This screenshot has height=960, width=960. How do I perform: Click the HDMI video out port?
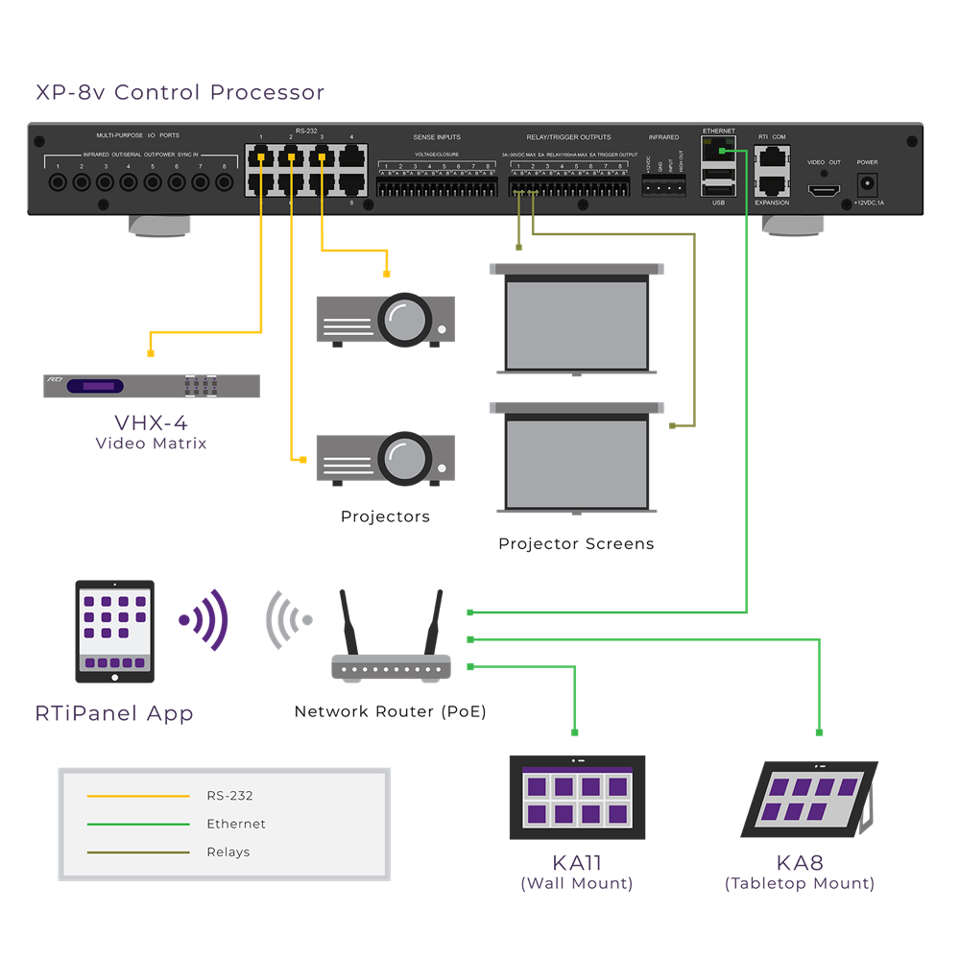(x=823, y=190)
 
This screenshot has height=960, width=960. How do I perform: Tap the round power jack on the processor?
(x=867, y=182)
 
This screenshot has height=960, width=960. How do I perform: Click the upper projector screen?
(x=577, y=324)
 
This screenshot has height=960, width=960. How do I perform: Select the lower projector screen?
(x=577, y=463)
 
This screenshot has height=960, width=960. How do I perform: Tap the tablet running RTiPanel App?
(x=114, y=631)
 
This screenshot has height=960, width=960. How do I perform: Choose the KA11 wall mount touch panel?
(x=577, y=797)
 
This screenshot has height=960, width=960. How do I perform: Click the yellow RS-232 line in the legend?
(x=138, y=796)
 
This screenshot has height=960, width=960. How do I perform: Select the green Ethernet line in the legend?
(x=138, y=824)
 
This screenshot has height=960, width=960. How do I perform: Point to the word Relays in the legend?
(x=228, y=852)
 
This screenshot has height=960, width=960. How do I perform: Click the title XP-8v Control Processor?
(x=180, y=93)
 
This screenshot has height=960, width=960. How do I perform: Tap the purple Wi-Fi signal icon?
(x=204, y=620)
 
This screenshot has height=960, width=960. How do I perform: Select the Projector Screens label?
(x=576, y=544)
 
